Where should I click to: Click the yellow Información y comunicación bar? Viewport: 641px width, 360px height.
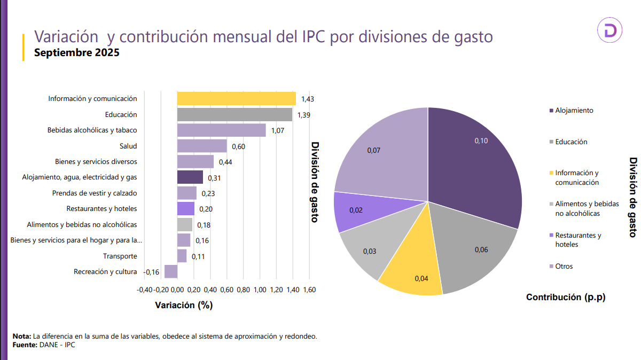point(236,99)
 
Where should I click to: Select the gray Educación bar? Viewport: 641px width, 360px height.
point(234,114)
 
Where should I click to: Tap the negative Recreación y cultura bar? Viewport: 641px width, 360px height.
point(171,271)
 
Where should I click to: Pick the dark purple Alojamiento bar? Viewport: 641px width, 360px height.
point(190,177)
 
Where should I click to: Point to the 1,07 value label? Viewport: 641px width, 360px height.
point(278,131)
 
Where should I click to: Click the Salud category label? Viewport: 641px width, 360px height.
point(128,146)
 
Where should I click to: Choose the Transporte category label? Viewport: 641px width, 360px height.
point(120,256)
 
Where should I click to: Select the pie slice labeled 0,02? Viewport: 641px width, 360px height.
point(355,210)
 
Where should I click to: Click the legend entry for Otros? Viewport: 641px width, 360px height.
point(564,266)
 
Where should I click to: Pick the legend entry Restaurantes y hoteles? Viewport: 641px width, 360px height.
point(578,239)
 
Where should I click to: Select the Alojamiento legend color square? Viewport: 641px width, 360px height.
point(550,111)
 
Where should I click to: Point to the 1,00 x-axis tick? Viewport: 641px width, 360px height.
point(260,290)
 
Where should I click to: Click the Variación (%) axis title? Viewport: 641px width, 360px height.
point(184,306)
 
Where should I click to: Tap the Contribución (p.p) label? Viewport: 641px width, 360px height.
point(566,297)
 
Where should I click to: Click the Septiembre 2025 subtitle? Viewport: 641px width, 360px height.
point(77,53)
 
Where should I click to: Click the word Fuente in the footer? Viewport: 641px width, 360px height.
point(24,345)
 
